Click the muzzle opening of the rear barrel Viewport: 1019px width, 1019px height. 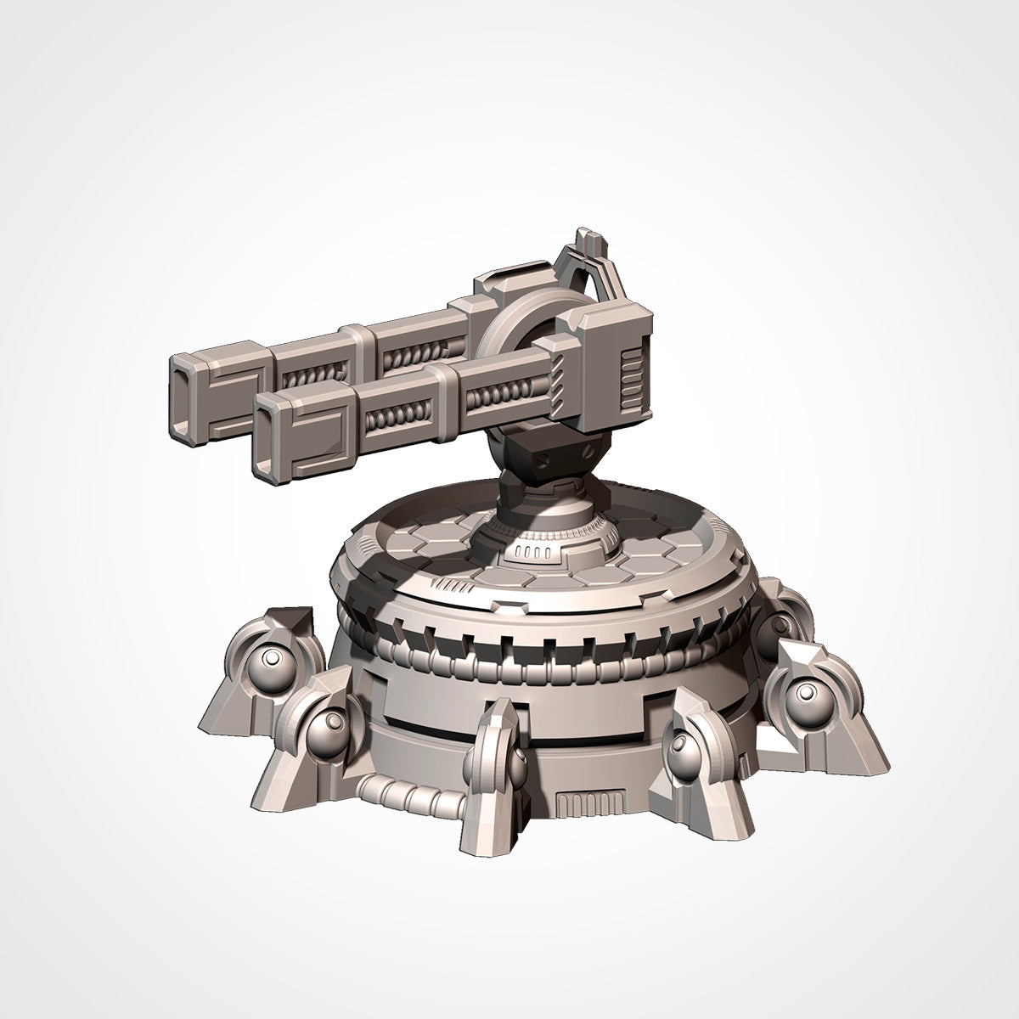point(184,386)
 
